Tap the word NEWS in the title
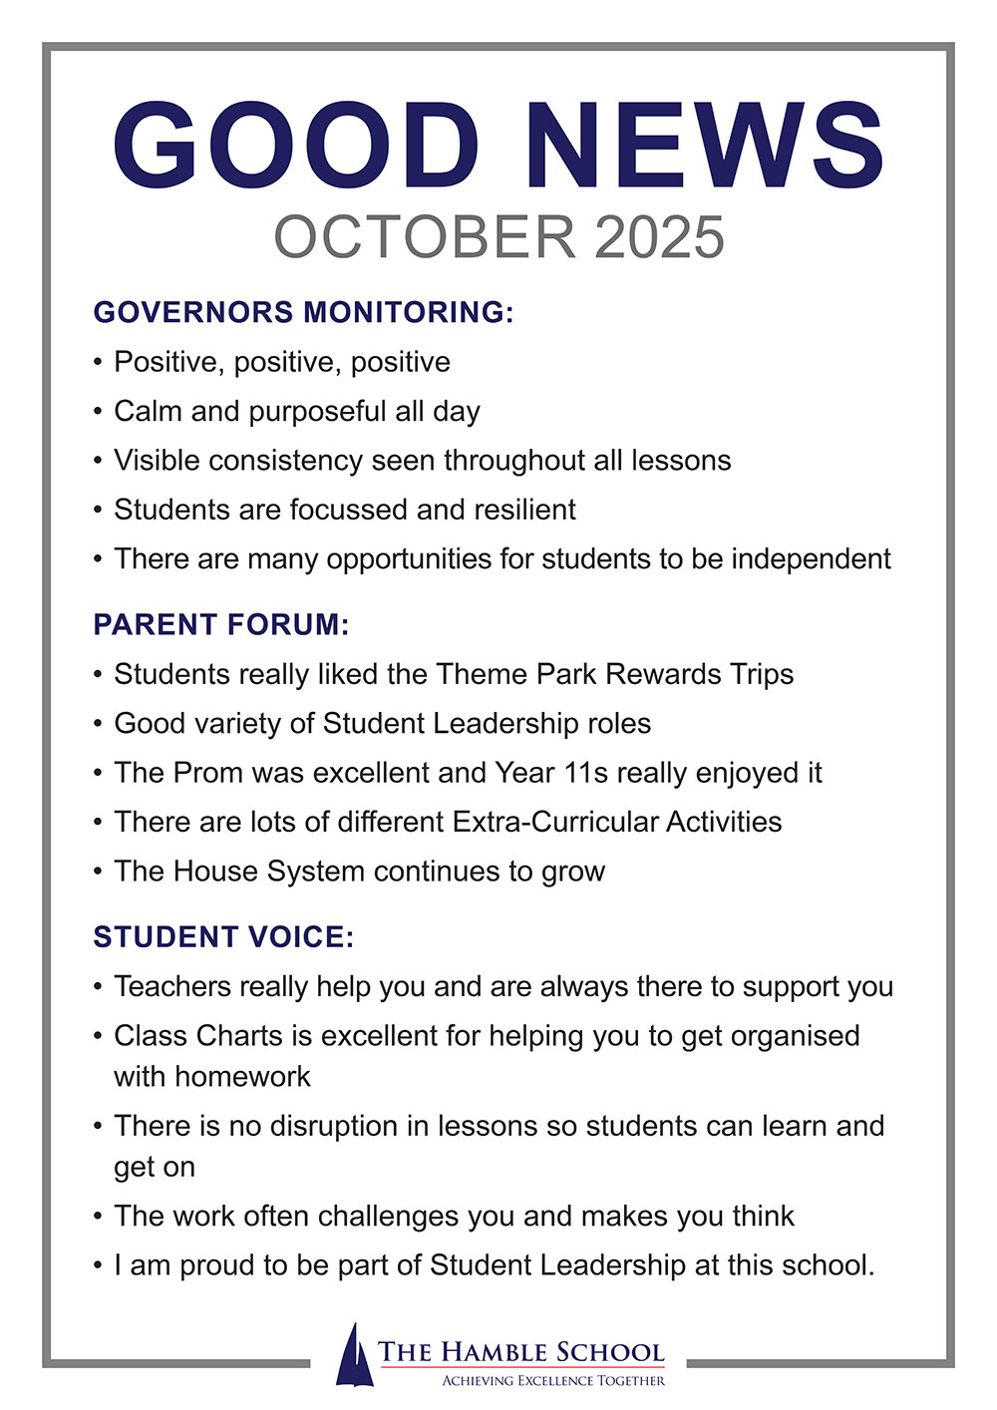[704, 145]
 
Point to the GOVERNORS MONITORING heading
[303, 312]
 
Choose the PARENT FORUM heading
[221, 625]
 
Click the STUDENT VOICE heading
[223, 937]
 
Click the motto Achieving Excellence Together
[553, 1381]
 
